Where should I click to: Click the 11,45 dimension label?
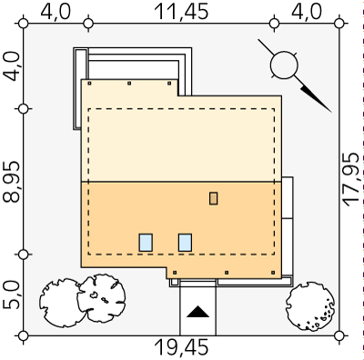pos(181,12)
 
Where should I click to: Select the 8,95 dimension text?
pos(12,181)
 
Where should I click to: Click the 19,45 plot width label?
pos(181,347)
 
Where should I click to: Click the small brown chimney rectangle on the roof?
pos(214,198)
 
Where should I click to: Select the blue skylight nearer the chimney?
pos(185,243)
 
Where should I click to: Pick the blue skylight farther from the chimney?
pos(146,243)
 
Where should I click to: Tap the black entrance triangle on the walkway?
pos(197,312)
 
